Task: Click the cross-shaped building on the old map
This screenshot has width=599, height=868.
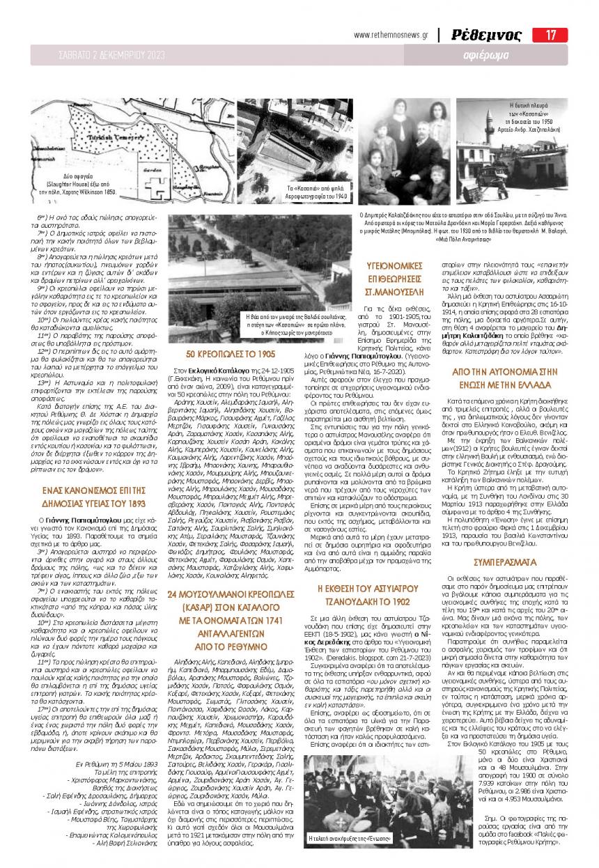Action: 161,185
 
